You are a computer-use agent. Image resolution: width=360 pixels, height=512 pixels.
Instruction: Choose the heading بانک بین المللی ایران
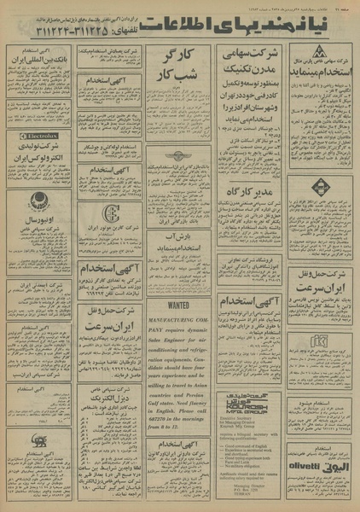39,62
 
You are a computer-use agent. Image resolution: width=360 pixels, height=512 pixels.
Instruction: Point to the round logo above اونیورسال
38,201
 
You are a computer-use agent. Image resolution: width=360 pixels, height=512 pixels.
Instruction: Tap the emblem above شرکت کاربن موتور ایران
109,213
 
